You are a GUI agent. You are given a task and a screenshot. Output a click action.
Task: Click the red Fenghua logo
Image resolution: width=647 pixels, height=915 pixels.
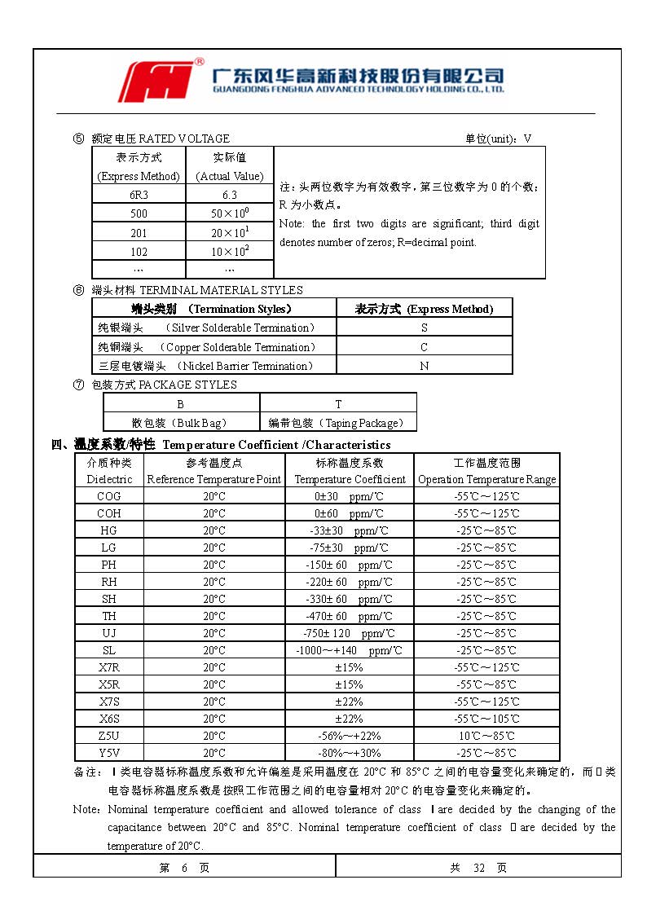point(160,81)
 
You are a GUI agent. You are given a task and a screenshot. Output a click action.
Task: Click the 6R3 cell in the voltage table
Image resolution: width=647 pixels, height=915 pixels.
point(139,195)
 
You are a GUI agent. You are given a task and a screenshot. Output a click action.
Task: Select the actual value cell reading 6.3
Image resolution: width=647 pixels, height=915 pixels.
point(230,195)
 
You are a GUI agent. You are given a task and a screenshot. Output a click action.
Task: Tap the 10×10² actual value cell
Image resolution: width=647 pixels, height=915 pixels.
point(230,251)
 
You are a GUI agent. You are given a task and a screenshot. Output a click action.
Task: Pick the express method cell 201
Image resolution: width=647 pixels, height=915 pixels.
point(139,232)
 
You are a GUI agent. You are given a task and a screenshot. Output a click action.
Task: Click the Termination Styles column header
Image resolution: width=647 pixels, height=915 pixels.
point(213,309)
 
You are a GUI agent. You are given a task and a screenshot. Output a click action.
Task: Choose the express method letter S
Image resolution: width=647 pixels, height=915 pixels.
point(424,328)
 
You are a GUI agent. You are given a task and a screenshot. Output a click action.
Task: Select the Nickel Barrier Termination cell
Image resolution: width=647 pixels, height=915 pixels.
point(213,366)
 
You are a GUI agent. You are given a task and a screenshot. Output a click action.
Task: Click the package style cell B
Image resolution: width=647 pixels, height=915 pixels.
point(181,404)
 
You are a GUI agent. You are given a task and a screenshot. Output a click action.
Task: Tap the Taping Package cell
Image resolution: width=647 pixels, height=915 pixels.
point(337,423)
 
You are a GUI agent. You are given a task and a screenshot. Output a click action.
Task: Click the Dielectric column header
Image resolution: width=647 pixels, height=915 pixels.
point(109,471)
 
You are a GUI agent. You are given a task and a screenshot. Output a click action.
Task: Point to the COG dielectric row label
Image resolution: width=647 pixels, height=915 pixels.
point(109,496)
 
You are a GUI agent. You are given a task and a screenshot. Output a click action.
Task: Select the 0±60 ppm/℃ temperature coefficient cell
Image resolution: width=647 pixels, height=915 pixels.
point(349,513)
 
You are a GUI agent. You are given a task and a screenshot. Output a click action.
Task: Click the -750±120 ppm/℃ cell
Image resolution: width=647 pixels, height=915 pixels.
point(349,633)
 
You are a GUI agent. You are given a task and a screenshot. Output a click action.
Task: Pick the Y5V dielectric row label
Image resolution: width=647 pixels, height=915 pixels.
point(109,753)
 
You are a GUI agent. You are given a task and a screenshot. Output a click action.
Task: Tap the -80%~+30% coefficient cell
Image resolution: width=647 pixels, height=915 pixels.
point(349,753)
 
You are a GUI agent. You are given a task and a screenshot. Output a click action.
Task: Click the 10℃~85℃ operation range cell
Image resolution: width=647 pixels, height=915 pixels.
point(486,736)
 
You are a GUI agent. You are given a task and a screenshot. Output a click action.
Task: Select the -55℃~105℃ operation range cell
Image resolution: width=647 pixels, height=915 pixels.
point(486,719)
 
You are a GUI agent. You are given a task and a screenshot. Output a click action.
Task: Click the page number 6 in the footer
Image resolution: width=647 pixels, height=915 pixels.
point(184,868)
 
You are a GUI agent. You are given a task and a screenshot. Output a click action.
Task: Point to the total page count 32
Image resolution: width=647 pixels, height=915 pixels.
point(479,868)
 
